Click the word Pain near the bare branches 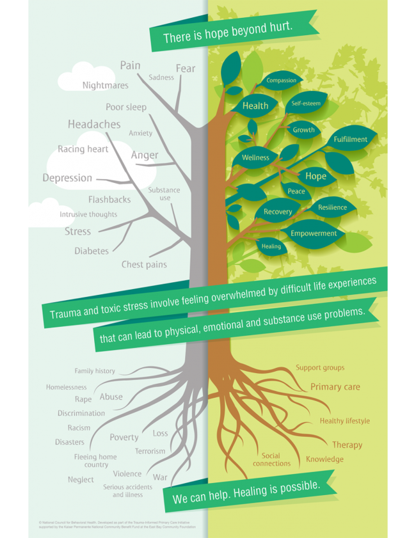pos(130,65)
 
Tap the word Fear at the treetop pos(186,68)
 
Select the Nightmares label pos(105,85)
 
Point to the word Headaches pos(94,124)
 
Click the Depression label pos(67,178)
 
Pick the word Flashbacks pos(109,200)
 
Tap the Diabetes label pos(92,251)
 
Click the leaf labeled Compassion pos(282,81)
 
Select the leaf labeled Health pos(255,106)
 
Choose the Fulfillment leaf pos(350,139)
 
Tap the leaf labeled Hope pos(316,176)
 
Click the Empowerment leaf pos(314,233)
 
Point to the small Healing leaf pos(271,246)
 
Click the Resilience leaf pos(332,207)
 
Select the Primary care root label pos(335,387)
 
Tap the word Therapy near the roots pos(347,445)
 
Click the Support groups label pos(319,368)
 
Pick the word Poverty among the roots pos(124,438)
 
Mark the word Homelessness pos(66,387)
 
